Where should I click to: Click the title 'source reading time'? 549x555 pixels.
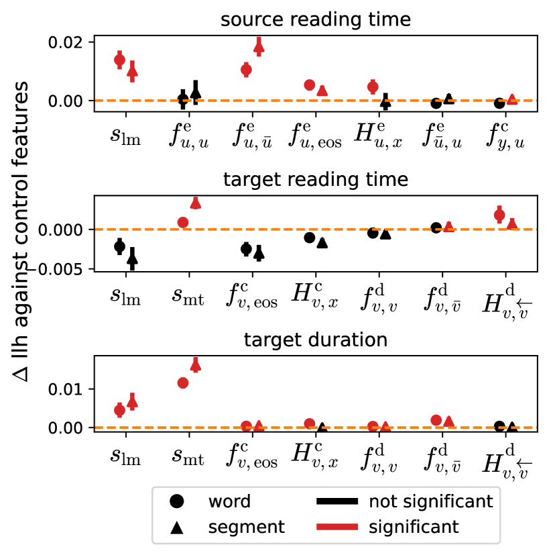coord(315,21)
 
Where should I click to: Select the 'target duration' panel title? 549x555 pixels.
coord(315,340)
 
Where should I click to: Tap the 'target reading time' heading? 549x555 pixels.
coord(315,180)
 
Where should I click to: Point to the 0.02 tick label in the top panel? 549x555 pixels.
coord(64,42)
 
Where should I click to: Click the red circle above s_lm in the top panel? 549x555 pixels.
coord(119,60)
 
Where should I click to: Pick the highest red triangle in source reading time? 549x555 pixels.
coord(259,46)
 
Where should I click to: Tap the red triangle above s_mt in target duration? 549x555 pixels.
coord(196,365)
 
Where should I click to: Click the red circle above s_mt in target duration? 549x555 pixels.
coord(183,383)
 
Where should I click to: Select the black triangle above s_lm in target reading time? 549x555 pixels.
coord(132,257)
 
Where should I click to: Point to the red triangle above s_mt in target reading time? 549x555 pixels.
coord(196,203)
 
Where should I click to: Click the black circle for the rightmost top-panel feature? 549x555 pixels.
coord(499,103)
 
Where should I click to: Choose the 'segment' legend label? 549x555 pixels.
coord(246,527)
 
